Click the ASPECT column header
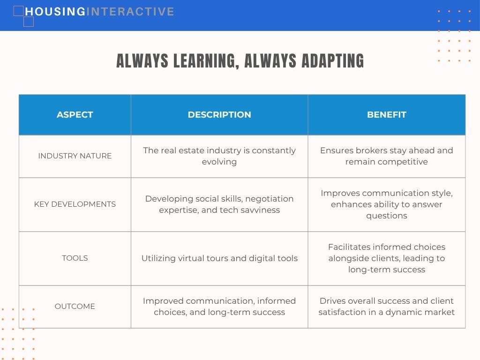pos(75,114)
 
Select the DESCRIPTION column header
pos(219,114)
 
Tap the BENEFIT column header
pos(387,114)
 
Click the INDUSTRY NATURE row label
pos(75,156)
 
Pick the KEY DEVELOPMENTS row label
pos(75,204)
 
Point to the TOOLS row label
pos(75,258)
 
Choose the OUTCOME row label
pos(75,306)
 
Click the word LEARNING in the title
pos(206,61)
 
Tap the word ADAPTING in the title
pos(333,60)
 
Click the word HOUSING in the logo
pos(55,12)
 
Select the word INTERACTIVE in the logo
pos(130,12)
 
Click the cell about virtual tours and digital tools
pos(219,258)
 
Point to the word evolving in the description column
pos(219,162)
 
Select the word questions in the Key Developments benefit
pos(387,216)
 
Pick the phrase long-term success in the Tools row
pos(387,270)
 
